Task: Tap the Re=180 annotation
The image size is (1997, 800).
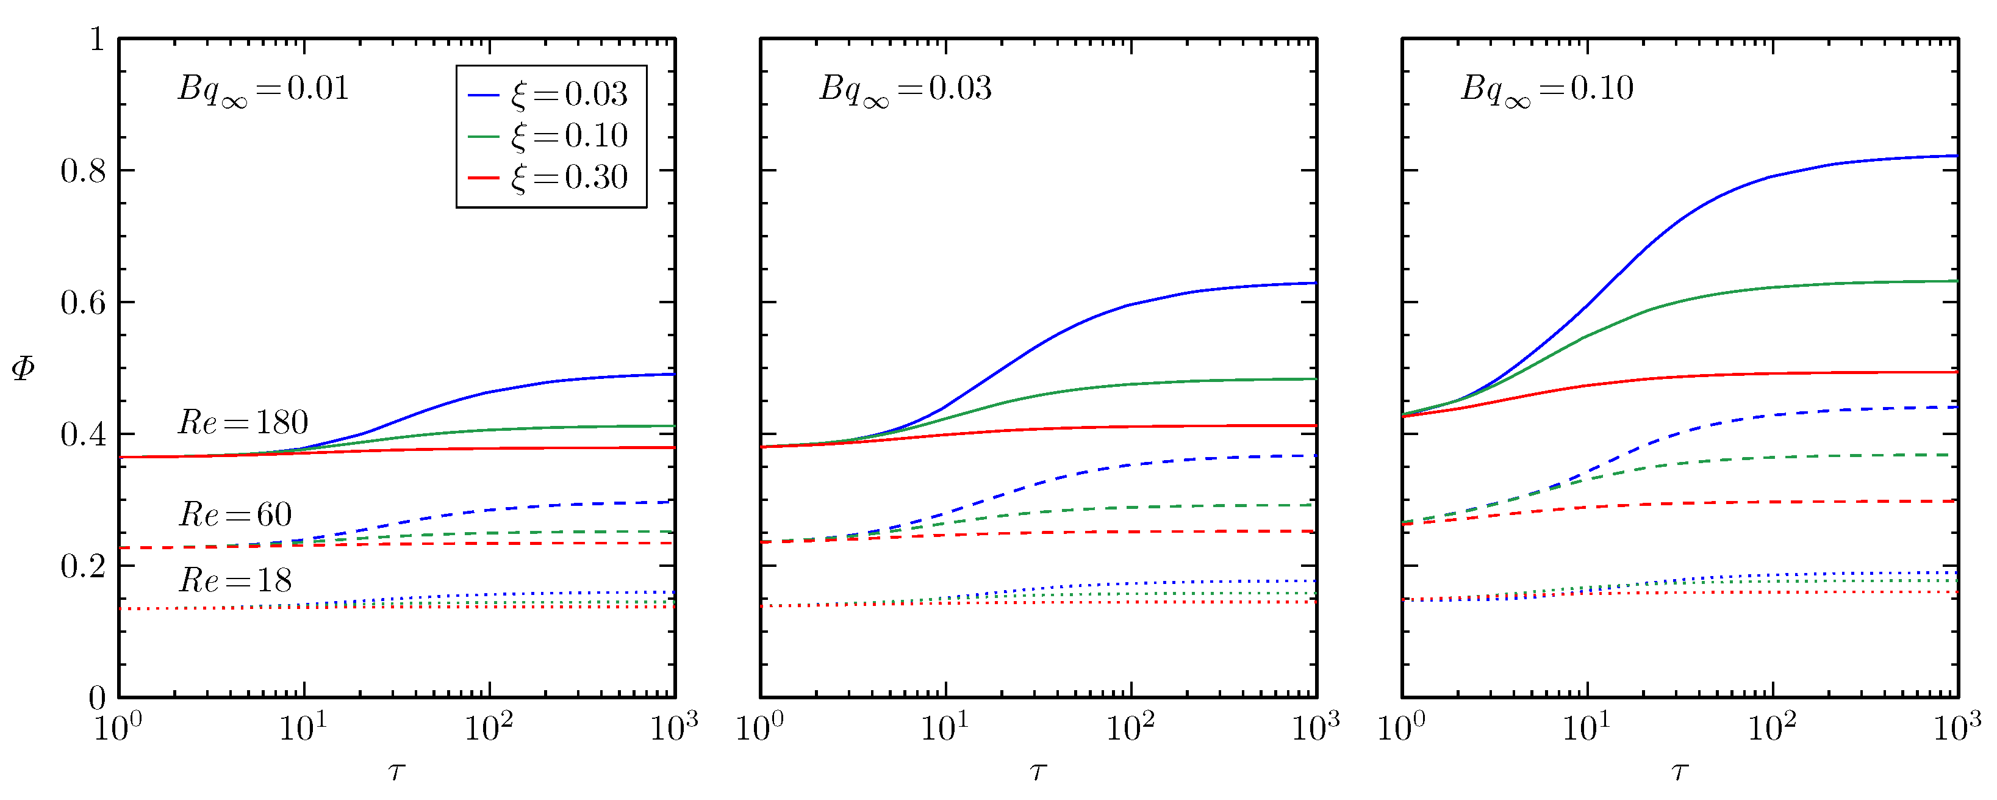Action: coord(243,422)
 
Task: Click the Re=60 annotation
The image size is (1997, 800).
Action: coord(235,515)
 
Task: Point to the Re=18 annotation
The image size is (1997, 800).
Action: coord(235,580)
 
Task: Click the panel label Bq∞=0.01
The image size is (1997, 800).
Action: coord(264,90)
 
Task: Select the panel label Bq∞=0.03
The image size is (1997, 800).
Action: coord(905,90)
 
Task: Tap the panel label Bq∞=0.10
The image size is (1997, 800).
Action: coord(1547,90)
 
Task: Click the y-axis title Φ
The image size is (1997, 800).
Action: coord(23,367)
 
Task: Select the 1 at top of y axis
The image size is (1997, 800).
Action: coord(97,40)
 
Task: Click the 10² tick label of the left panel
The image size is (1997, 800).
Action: coord(489,727)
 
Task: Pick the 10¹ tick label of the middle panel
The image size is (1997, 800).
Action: coord(944,727)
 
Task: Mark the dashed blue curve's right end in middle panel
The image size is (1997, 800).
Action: coord(1313,456)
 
